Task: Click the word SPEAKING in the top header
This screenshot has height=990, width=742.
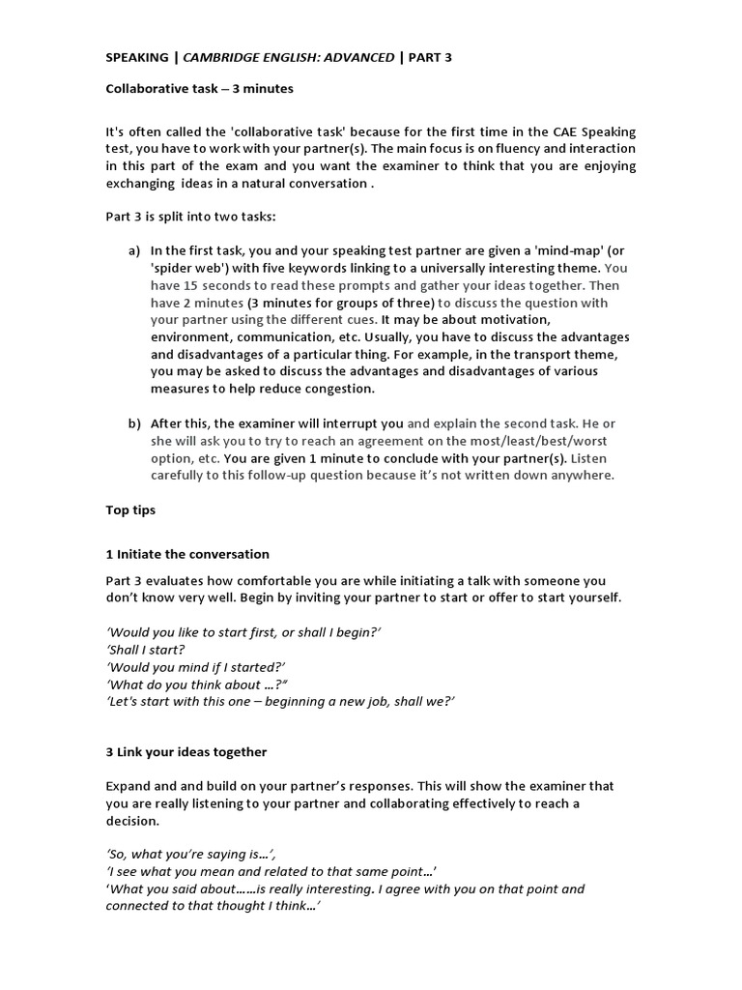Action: [x=136, y=57]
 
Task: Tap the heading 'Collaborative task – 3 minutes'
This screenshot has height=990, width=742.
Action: [x=199, y=89]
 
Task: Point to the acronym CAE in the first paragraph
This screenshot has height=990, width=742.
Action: [x=557, y=131]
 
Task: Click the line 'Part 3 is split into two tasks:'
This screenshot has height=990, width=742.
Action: [x=197, y=217]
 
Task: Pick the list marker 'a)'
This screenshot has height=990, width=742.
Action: [x=134, y=251]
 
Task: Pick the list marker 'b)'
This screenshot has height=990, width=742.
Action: [x=134, y=423]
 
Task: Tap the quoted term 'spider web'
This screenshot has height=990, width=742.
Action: [x=189, y=269]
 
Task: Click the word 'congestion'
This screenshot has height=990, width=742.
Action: [x=339, y=389]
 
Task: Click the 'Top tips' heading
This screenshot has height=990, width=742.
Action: [x=130, y=510]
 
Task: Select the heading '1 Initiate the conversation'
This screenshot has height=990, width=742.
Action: [x=187, y=554]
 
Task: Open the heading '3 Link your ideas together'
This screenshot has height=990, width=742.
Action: [x=186, y=751]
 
